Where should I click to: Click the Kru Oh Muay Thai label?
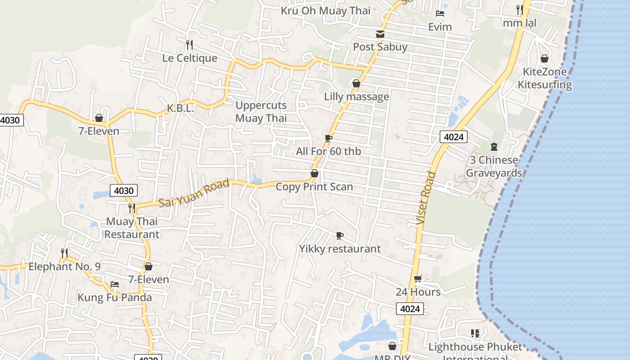click(325, 10)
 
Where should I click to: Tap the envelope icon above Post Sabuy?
click(380, 34)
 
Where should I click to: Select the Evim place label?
click(440, 27)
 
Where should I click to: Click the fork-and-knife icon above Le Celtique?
click(189, 45)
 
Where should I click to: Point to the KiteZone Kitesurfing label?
click(544, 78)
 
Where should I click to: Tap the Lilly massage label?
click(356, 97)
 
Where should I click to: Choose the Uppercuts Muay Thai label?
click(261, 112)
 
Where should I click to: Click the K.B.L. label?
click(180, 108)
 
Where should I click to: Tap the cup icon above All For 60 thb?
click(328, 138)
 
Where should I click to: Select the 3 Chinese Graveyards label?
click(494, 166)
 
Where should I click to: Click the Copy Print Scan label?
click(314, 187)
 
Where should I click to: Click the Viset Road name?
click(426, 198)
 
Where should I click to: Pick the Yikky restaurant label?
click(340, 249)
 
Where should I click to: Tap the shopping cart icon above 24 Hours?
click(418, 279)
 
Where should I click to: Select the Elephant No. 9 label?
click(64, 266)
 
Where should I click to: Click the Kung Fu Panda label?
click(115, 297)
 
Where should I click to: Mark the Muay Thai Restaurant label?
click(132, 228)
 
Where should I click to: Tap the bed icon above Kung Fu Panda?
click(115, 284)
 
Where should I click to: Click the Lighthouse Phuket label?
click(475, 347)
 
